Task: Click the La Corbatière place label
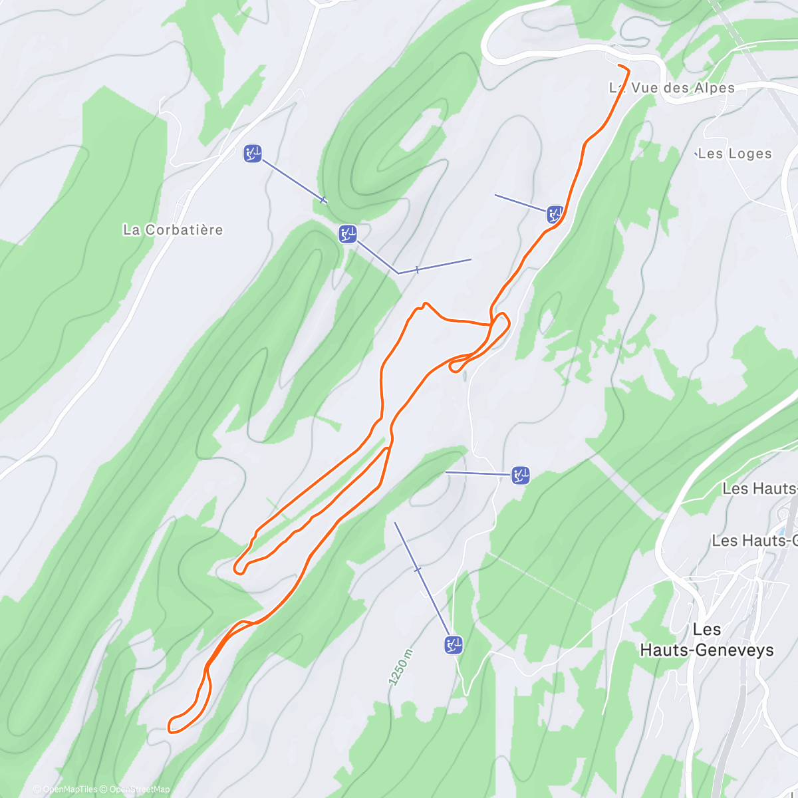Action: [x=173, y=230]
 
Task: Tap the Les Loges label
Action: [x=735, y=154]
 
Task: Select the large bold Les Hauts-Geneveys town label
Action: [x=707, y=640]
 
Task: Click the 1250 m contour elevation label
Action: [x=401, y=666]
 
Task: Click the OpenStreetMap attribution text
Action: [x=139, y=789]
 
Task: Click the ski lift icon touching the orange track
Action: [x=555, y=214]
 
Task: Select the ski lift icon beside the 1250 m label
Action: [x=454, y=644]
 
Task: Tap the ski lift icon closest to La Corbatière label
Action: [x=253, y=154]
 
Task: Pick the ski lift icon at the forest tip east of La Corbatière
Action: [x=348, y=233]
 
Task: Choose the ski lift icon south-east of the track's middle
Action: [x=520, y=475]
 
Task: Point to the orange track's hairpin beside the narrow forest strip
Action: [x=238, y=568]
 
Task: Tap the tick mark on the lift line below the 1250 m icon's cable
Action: [x=418, y=570]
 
